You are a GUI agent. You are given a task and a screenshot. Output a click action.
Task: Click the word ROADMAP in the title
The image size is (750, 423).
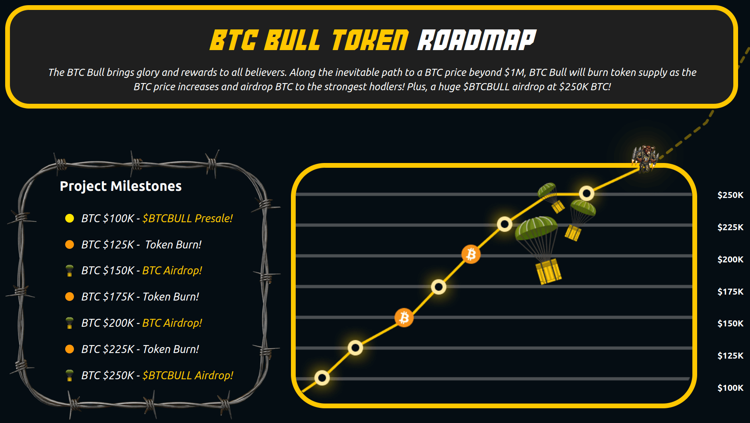(x=477, y=40)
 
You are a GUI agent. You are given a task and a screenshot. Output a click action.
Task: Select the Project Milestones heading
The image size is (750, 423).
(x=121, y=186)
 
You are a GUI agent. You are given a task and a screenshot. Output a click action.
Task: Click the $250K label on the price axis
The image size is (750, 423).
(x=730, y=195)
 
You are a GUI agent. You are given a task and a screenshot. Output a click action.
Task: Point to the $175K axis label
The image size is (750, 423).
(x=730, y=291)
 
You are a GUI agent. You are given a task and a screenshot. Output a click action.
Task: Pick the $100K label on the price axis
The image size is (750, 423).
(x=730, y=388)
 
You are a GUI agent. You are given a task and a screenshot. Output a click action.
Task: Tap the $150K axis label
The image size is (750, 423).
(x=730, y=323)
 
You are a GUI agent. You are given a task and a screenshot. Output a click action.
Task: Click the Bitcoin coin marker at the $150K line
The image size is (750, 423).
(x=404, y=318)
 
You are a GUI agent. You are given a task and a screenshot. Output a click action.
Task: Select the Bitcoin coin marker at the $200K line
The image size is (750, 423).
(x=471, y=254)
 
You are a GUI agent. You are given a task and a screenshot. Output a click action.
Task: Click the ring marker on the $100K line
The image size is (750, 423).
(x=322, y=377)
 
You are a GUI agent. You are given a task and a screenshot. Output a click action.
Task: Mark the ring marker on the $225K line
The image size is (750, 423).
(x=505, y=224)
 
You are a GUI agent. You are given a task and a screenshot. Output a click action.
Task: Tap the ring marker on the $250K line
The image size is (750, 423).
(x=587, y=194)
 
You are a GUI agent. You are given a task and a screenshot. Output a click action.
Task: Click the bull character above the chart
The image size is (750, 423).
(x=645, y=158)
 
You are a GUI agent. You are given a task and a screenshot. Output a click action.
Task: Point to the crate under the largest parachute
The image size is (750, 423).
(x=548, y=271)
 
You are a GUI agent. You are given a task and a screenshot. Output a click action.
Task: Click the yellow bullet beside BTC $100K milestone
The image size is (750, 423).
(x=70, y=218)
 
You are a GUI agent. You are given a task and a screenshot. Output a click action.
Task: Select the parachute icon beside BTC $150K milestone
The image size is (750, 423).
(x=70, y=270)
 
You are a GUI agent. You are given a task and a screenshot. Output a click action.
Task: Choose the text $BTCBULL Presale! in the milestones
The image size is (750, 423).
(x=188, y=218)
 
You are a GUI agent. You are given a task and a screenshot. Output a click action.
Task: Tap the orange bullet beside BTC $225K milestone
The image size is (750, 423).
(x=70, y=349)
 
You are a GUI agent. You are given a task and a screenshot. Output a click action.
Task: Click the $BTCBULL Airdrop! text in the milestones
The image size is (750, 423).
(x=188, y=375)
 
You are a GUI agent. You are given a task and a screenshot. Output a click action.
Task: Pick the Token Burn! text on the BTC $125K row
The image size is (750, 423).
(x=173, y=244)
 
